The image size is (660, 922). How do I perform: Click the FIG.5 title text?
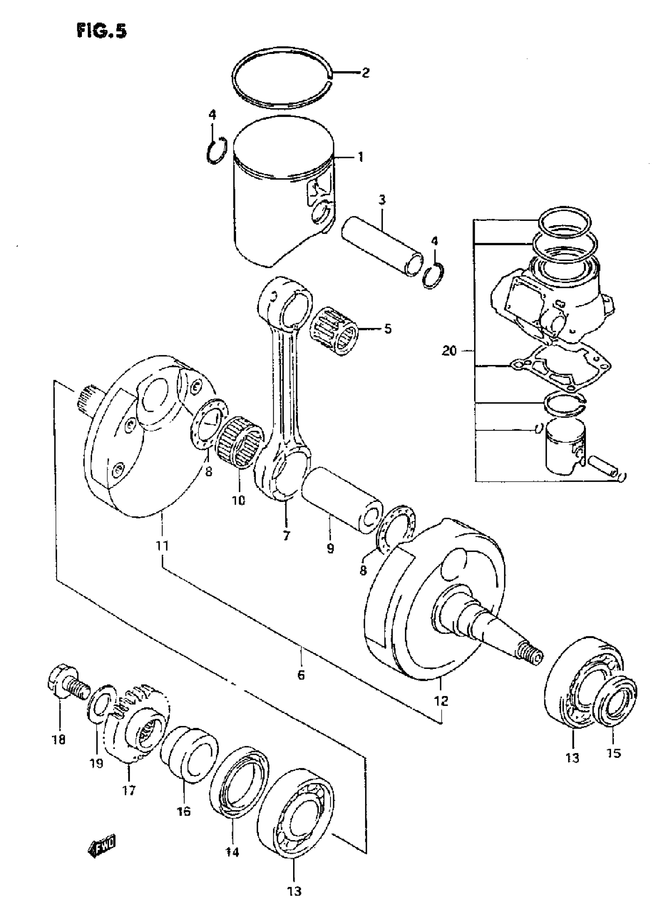(102, 32)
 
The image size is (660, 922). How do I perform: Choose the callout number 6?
(301, 675)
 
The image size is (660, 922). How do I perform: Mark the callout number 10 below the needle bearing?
(239, 500)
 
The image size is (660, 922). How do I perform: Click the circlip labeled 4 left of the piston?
(215, 150)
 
